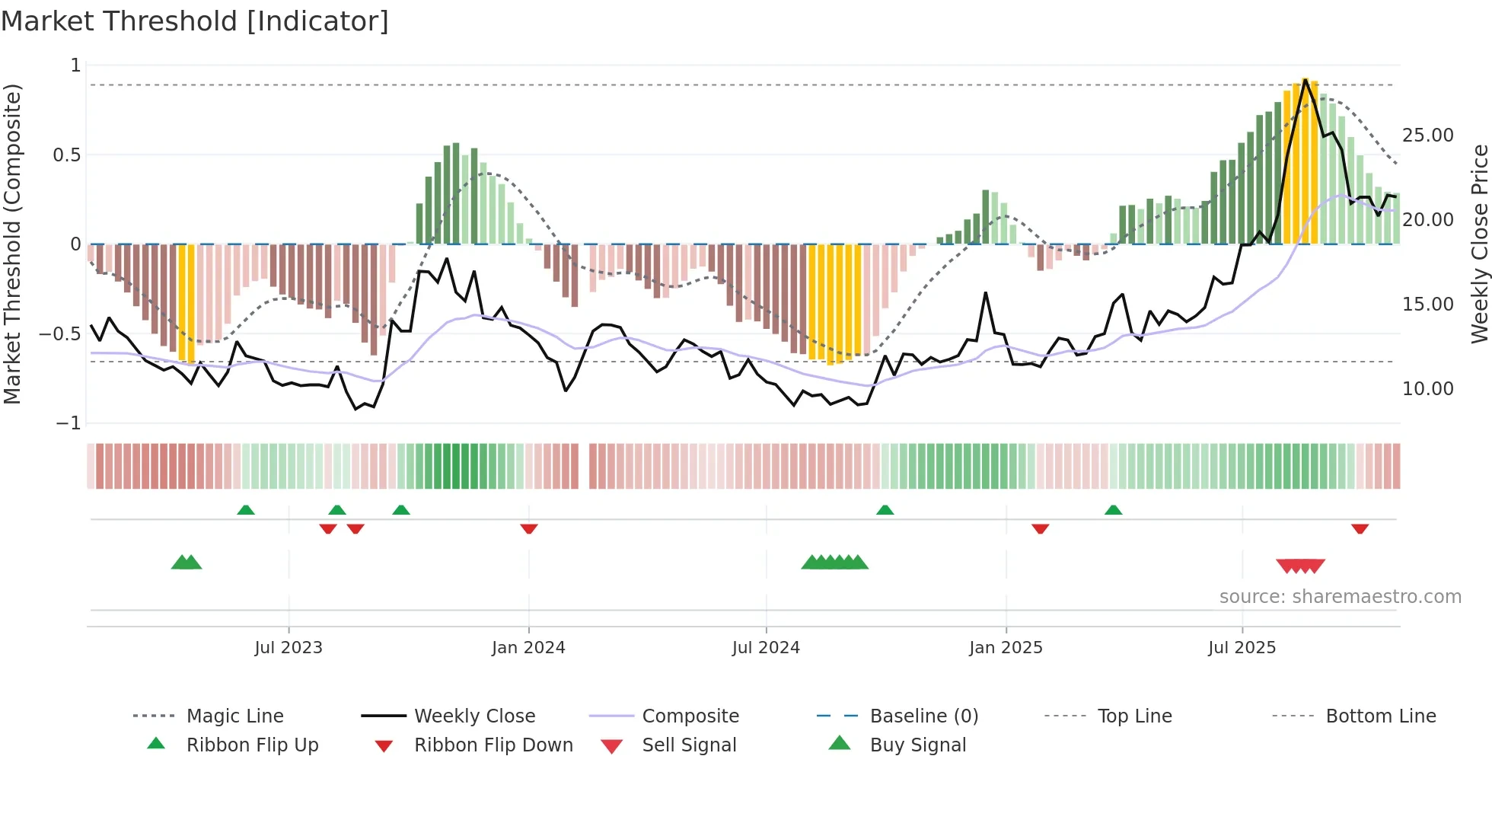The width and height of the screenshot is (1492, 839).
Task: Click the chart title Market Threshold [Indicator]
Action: click(x=195, y=21)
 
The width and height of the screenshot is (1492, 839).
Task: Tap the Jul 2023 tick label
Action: click(x=289, y=648)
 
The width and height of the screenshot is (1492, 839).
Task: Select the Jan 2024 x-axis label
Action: click(x=528, y=648)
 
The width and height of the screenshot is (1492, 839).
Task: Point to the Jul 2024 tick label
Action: click(x=766, y=648)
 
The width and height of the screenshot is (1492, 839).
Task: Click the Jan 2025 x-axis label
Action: click(x=1006, y=648)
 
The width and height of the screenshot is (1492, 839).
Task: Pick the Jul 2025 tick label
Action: click(x=1242, y=648)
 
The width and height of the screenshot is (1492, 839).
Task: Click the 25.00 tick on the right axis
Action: click(x=1427, y=136)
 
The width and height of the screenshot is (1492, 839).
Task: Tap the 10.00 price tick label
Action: click(x=1427, y=389)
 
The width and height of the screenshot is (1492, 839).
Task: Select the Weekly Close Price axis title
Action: click(x=1479, y=244)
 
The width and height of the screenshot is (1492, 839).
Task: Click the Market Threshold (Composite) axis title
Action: click(x=12, y=244)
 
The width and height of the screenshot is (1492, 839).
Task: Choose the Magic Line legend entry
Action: click(x=234, y=716)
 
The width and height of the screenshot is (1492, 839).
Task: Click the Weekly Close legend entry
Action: click(x=474, y=716)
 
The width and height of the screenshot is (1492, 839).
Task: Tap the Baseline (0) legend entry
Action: click(x=923, y=716)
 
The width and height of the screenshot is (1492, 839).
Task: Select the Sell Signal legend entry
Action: click(x=689, y=745)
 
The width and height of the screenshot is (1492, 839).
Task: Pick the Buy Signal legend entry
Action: click(x=917, y=745)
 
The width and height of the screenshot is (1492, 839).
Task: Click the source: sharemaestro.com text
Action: click(x=1340, y=597)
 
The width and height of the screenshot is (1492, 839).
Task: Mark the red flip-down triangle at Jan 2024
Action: click(x=529, y=528)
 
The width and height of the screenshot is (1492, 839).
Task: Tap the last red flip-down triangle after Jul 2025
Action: click(x=1360, y=528)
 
